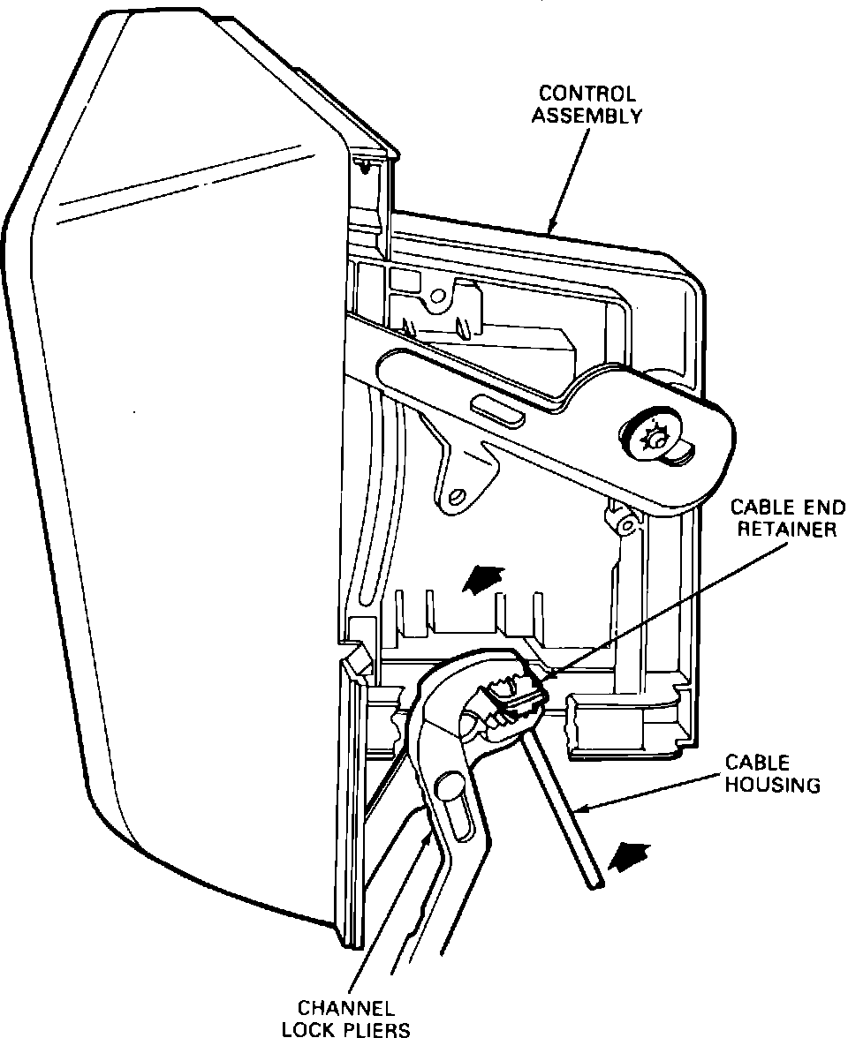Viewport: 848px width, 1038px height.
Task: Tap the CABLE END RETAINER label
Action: coord(786,518)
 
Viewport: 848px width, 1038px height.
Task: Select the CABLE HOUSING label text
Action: coord(772,772)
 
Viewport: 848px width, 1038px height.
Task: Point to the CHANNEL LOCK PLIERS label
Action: coord(345,1018)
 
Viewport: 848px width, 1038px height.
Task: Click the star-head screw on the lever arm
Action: coord(655,437)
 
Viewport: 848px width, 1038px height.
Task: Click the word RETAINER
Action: coord(786,529)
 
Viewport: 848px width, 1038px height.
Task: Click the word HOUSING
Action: coord(773,783)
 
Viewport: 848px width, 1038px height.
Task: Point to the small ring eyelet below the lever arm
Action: coord(625,526)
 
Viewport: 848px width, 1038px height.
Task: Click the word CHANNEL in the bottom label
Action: coord(345,1007)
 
